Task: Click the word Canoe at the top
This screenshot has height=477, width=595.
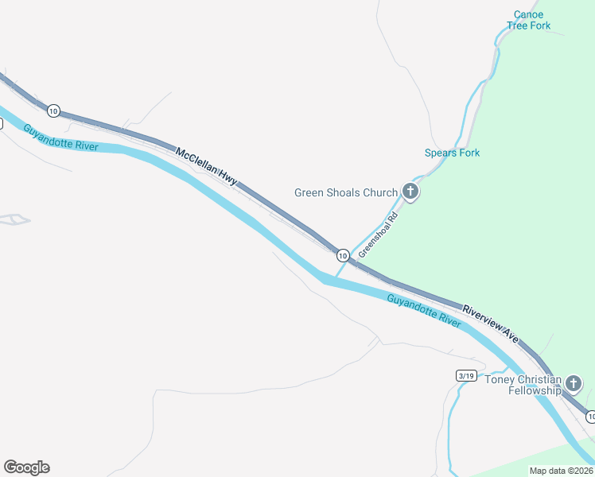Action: point(529,14)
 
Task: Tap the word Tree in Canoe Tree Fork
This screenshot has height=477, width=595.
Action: point(518,25)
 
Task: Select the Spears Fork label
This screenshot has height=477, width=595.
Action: point(452,153)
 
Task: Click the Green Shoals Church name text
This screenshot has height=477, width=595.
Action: point(345,192)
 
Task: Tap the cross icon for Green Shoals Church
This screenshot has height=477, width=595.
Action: point(410,191)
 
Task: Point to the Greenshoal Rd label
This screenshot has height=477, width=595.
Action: point(377,234)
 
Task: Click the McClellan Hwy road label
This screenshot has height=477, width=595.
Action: point(206,165)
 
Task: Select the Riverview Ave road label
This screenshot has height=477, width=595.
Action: point(491,325)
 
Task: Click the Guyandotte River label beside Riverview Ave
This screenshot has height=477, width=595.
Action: point(424,311)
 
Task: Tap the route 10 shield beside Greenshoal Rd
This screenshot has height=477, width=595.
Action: point(342,255)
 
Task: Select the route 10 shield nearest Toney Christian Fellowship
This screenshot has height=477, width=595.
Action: point(590,416)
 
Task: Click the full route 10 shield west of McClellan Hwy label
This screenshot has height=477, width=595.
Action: point(52,110)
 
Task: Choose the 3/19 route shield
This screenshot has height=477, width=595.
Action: point(466,375)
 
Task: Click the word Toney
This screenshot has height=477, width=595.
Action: point(501,380)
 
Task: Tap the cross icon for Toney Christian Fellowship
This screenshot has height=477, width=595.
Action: point(574,384)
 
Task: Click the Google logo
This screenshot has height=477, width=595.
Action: point(26,467)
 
